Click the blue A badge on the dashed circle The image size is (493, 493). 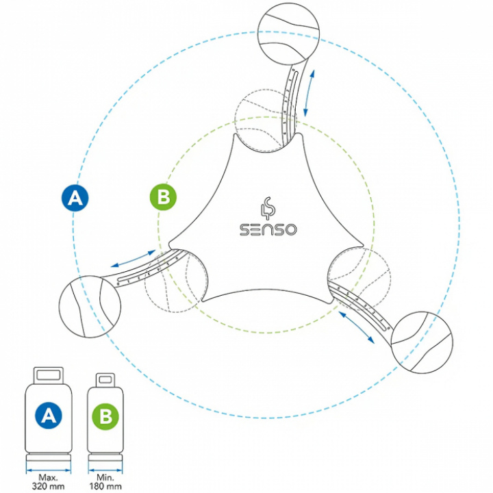pos(75,198)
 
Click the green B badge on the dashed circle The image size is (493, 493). pos(163,197)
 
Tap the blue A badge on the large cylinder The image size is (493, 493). pos(49,416)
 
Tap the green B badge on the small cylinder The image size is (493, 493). pos(105,416)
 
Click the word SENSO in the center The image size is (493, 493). pos(268,229)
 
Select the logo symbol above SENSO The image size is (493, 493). pos(268,208)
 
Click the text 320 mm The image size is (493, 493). pos(49,486)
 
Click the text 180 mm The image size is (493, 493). pos(105,486)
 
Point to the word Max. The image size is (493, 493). pos(49,478)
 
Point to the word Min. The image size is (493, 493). pos(105,478)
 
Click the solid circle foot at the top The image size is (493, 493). pos(288,34)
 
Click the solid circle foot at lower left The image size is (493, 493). pos(90,307)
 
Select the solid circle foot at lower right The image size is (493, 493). pos(422,342)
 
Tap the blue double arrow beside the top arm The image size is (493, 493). pos(309,93)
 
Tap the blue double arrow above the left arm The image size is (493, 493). pos(134,259)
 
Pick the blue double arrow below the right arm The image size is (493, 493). pos(356,327)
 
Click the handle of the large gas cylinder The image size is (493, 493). pos(49,375)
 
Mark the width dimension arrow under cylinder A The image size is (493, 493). pos(49,470)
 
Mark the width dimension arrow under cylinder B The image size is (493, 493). pos(105,470)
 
